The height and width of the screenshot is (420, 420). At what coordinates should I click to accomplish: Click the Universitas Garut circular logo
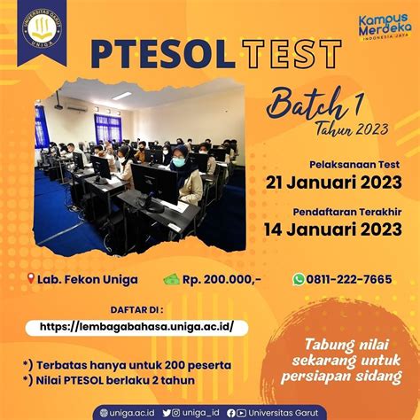pos(43,28)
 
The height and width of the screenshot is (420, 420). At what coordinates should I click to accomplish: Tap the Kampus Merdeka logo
pos(385,26)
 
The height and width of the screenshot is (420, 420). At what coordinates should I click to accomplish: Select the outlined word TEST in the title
pos(292,54)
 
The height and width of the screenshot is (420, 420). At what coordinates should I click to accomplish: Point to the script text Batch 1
pos(315,105)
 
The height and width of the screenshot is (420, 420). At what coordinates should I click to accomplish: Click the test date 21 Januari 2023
pos(334,183)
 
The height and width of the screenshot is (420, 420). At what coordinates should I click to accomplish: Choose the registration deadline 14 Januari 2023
pos(333,229)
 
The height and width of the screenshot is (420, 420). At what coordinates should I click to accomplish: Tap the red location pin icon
pos(31,278)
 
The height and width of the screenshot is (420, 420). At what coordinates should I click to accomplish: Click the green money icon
pos(171,279)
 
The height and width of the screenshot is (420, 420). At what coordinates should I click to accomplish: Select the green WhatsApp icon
pos(299,279)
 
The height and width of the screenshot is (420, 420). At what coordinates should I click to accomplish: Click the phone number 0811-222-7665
pos(349,279)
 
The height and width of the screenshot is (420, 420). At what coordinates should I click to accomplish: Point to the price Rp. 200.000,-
pos(222,279)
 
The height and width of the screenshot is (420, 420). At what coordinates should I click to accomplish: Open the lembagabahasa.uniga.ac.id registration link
pos(136,327)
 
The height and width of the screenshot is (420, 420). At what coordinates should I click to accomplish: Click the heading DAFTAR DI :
pos(136,310)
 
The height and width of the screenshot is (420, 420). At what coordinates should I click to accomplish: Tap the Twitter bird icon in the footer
pos(167,413)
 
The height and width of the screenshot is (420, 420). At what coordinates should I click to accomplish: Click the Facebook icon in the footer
pos(231,413)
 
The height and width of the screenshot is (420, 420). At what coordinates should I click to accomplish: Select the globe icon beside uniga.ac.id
pos(104,413)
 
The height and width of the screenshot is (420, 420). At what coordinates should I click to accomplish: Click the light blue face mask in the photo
pos(178,161)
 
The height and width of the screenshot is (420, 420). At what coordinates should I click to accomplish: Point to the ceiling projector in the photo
pos(58,106)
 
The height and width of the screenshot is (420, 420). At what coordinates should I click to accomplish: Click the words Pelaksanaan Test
pos(354,165)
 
